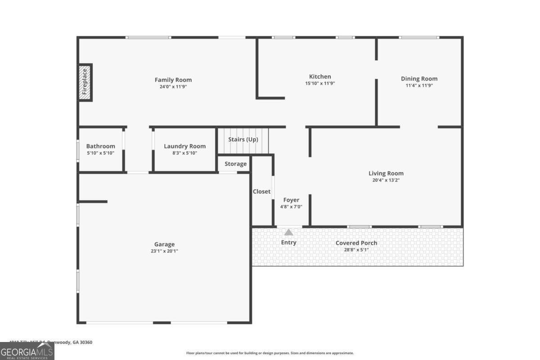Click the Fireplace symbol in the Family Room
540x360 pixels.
point(85,82)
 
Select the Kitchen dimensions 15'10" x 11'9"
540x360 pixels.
point(319,83)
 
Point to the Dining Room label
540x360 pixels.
point(419,79)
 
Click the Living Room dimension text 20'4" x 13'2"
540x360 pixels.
point(386,180)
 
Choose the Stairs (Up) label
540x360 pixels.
point(243,139)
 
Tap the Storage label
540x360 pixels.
point(235,164)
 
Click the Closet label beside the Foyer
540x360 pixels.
point(261,191)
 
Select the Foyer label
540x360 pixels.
point(291,200)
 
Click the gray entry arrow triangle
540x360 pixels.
point(288,232)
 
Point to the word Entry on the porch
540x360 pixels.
point(288,243)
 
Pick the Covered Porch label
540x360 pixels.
point(356,243)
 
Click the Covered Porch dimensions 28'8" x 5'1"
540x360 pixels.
point(356,249)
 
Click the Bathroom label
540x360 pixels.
point(100,146)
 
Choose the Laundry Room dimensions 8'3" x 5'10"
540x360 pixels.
point(184,153)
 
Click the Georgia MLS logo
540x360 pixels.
point(27,351)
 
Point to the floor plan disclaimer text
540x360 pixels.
point(270,353)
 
